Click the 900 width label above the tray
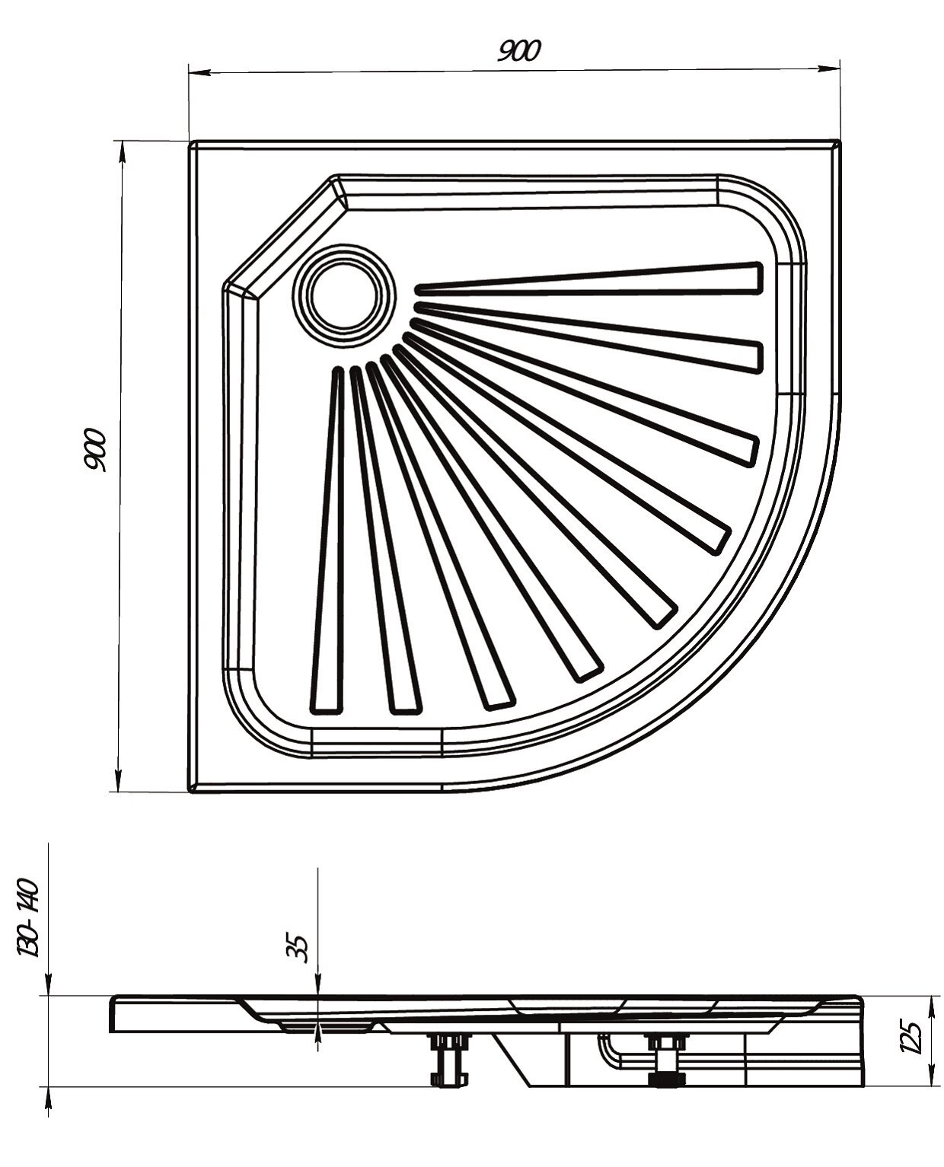(519, 51)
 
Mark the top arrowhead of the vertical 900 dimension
(122, 151)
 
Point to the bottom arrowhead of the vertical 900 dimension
(118, 780)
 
